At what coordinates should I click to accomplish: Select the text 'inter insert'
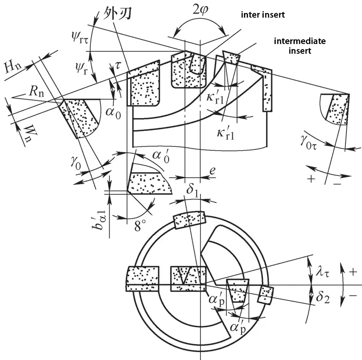tap(262, 15)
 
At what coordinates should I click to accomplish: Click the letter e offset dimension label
tap(212, 171)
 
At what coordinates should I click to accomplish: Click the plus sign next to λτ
tap(353, 273)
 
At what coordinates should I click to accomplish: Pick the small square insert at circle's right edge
tap(266, 295)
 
